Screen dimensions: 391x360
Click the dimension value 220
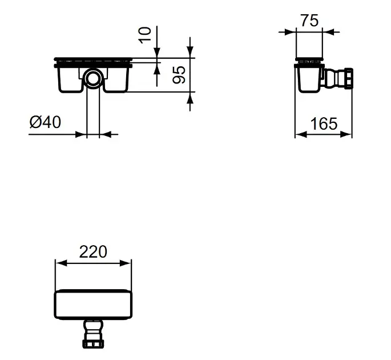coord(93,251)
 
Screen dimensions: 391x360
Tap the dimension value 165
coord(324,123)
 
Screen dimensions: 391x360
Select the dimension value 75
coord(309,21)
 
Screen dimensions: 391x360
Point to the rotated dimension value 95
coord(179,74)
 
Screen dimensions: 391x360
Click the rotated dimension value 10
coord(144,35)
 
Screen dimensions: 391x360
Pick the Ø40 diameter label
coord(45,122)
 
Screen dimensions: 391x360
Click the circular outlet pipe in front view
coord(93,78)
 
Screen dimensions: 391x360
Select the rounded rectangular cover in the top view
coord(93,305)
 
